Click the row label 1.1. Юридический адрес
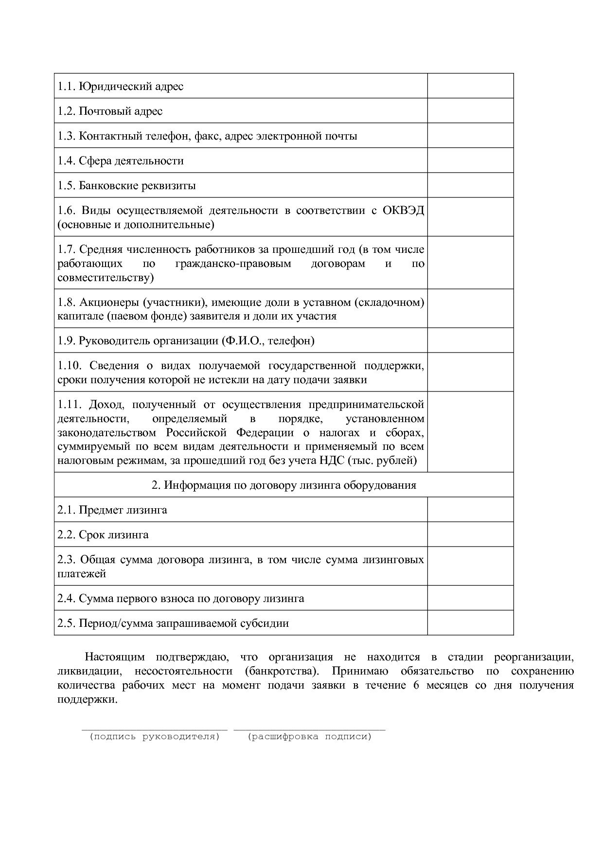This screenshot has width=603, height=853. pyautogui.click(x=121, y=87)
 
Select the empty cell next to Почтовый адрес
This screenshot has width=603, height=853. pyautogui.click(x=470, y=111)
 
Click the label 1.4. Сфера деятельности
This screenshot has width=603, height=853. pyautogui.click(x=121, y=161)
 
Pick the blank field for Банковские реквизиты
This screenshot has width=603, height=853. pyautogui.click(x=470, y=185)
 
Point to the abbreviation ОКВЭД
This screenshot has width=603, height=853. pyautogui.click(x=403, y=211)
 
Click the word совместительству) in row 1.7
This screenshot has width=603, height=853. pyautogui.click(x=106, y=278)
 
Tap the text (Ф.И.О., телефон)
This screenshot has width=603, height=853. pyautogui.click(x=268, y=341)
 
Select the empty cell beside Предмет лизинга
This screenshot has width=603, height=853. pyautogui.click(x=470, y=510)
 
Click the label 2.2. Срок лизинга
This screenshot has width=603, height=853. pyautogui.click(x=103, y=535)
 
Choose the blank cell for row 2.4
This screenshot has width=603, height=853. pyautogui.click(x=470, y=598)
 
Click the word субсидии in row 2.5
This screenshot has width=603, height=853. pyautogui.click(x=266, y=623)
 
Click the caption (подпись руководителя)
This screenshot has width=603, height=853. pyautogui.click(x=155, y=737)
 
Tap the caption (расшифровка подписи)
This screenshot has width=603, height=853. pyautogui.click(x=309, y=737)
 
